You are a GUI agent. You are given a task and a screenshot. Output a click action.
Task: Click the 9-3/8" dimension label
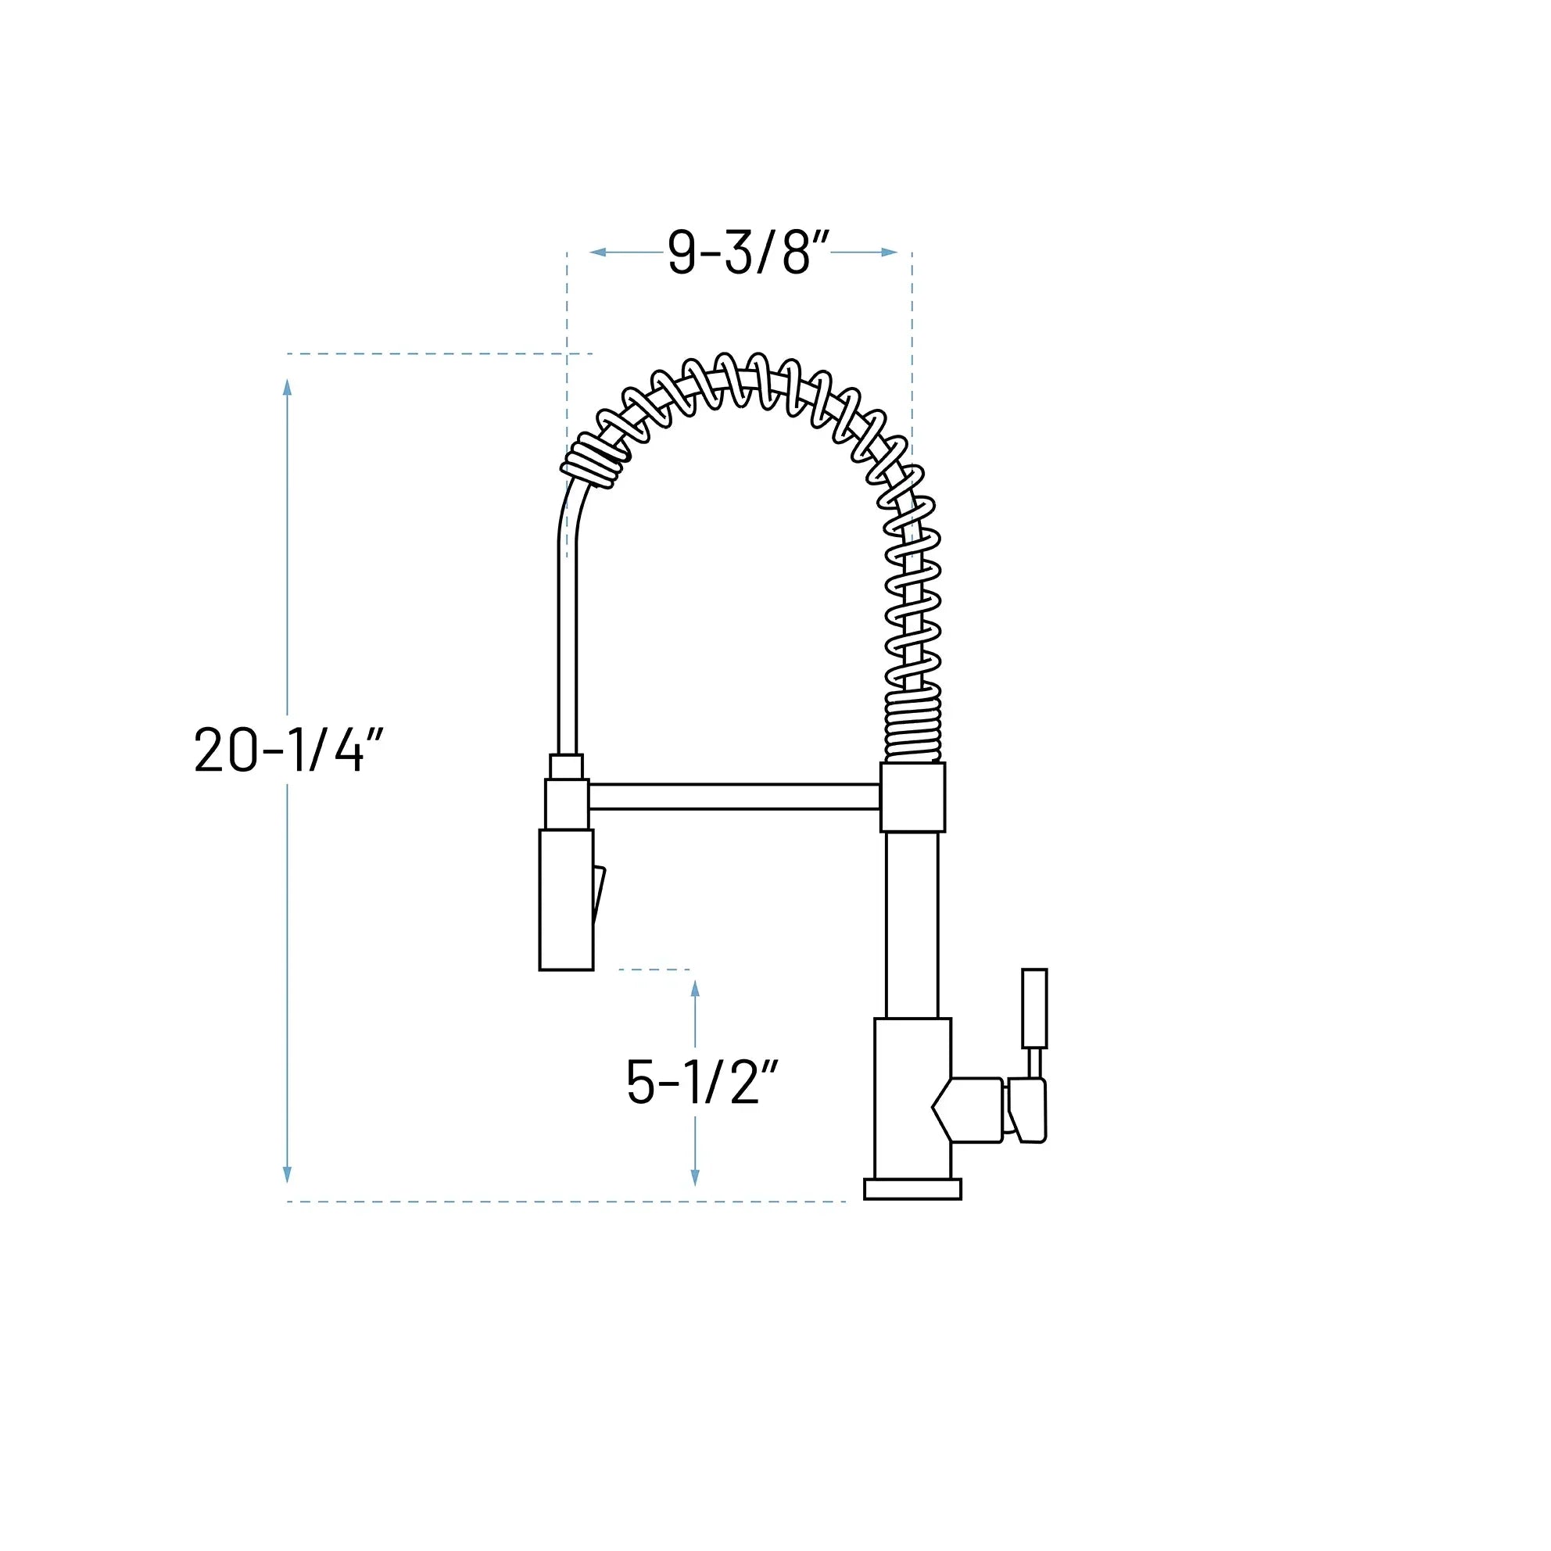click(x=747, y=253)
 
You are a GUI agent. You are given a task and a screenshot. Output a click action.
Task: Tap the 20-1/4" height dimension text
click(x=289, y=750)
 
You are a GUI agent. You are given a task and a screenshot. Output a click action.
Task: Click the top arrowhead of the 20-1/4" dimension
click(x=288, y=388)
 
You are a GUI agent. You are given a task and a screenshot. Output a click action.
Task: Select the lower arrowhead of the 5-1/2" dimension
click(x=695, y=1176)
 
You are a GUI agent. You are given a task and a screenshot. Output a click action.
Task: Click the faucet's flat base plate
click(x=912, y=1189)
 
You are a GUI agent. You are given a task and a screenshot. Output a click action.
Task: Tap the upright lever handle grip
click(x=1034, y=1008)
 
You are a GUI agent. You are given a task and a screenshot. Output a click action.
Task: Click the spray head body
click(x=566, y=899)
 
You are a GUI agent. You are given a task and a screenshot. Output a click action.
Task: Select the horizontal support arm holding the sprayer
click(x=735, y=797)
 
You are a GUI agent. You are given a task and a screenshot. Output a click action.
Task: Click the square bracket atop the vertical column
click(x=913, y=797)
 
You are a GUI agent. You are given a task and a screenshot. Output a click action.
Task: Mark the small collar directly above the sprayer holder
click(x=566, y=766)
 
